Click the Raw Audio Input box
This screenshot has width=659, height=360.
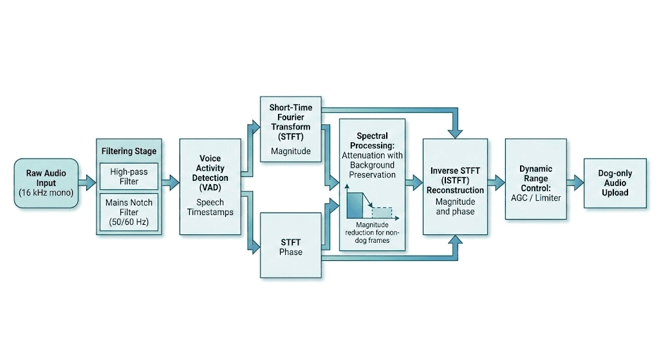[46, 183]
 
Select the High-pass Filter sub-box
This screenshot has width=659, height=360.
[129, 176]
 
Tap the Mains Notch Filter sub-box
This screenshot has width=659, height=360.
[129, 212]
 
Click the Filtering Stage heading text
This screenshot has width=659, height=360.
[129, 151]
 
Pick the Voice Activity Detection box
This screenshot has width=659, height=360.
[210, 186]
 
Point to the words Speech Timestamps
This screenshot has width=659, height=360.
[210, 207]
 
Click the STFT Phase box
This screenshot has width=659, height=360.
[291, 245]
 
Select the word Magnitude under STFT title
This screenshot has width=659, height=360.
[291, 151]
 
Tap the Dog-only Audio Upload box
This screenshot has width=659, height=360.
[615, 183]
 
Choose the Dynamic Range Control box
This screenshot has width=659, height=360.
[536, 179]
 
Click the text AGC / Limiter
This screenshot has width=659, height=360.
[536, 198]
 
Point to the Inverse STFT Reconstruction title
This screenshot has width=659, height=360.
[455, 180]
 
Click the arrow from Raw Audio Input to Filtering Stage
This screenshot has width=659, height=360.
[88, 182]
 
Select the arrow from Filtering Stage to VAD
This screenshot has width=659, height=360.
[171, 182]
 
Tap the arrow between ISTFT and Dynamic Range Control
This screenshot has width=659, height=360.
[496, 182]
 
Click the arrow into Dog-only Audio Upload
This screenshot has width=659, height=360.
[575, 182]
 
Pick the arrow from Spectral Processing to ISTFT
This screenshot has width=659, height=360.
[414, 182]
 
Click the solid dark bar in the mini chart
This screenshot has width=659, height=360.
[355, 205]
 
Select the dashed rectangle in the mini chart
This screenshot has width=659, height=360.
[382, 213]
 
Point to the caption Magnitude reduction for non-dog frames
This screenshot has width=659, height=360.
[373, 232]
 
